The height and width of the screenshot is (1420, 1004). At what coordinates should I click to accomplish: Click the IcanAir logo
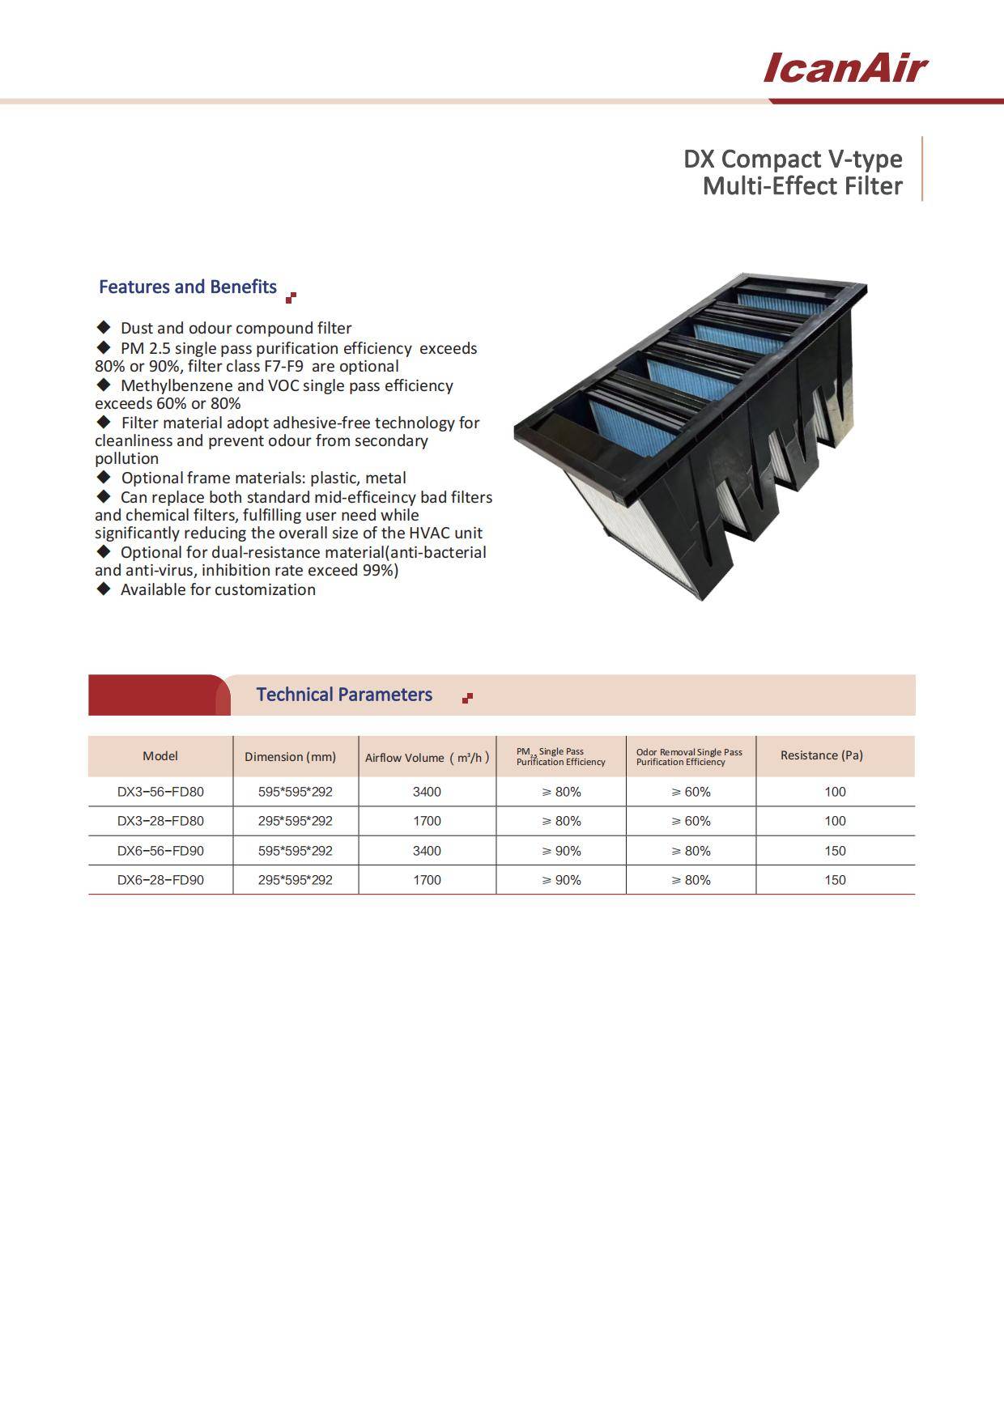[x=844, y=68]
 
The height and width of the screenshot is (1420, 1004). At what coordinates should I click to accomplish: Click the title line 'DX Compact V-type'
[x=793, y=159]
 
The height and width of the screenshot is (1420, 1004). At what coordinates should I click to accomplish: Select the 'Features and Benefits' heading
[x=187, y=287]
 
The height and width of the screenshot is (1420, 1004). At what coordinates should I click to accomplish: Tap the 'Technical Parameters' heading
[x=344, y=695]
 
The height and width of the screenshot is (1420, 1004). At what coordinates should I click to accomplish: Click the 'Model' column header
[x=160, y=756]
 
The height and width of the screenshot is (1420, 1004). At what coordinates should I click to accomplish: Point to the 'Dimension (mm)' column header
[x=290, y=757]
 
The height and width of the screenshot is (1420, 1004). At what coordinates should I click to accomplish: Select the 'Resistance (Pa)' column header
[x=821, y=755]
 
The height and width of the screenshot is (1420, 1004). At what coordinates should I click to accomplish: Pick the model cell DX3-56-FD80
[x=160, y=792]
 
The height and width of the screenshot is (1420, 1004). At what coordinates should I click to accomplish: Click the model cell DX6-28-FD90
[x=160, y=880]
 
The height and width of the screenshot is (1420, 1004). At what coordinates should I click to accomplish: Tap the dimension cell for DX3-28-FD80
[x=295, y=821]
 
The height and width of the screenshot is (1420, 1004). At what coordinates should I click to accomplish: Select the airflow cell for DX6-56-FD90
[x=427, y=851]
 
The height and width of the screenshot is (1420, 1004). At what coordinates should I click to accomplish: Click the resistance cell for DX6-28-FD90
[x=835, y=880]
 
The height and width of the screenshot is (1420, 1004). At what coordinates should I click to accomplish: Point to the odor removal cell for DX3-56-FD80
[x=691, y=792]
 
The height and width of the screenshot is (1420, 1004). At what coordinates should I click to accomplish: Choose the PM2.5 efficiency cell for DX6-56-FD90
[x=561, y=851]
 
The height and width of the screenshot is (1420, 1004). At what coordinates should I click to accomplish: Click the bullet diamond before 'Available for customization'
[x=103, y=589]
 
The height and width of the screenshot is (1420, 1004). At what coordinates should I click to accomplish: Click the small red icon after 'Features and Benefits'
[x=291, y=297]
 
